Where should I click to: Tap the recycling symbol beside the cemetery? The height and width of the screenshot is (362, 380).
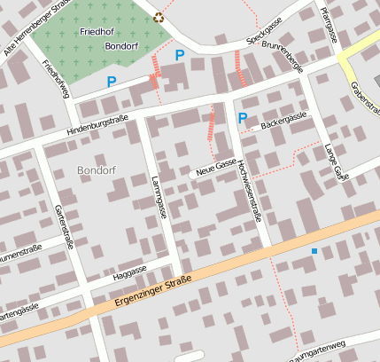(159, 16)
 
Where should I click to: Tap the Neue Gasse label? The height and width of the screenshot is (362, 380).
(216, 167)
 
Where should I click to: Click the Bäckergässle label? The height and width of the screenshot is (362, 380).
(283, 118)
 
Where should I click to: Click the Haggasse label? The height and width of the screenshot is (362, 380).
(130, 271)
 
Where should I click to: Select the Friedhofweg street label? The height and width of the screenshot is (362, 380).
(55, 79)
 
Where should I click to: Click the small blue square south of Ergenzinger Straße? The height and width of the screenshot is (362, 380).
(314, 252)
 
